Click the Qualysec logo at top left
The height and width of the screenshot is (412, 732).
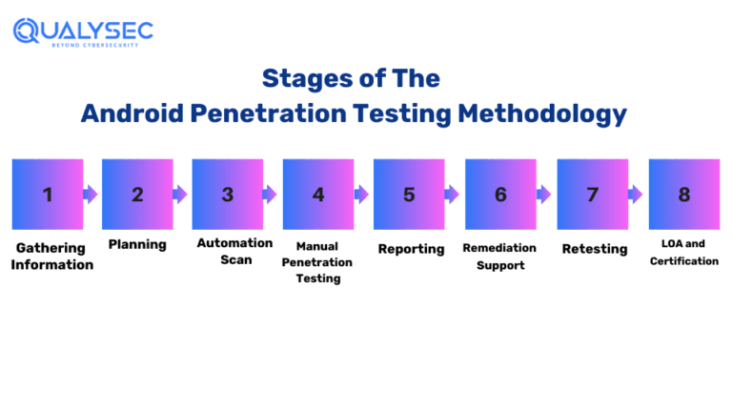pos(83,31)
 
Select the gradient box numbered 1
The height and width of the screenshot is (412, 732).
pos(47,195)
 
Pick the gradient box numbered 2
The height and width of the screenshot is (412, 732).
pos(137,195)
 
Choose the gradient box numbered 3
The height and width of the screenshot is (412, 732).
pos(228,195)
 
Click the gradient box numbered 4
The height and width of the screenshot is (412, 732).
pos(318,195)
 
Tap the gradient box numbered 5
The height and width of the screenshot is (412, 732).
pos(409,195)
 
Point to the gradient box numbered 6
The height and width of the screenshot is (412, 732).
pos(500,195)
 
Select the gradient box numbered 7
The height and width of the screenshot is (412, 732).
pos(592,195)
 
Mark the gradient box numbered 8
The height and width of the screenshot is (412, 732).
pos(683,195)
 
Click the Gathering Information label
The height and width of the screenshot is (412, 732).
pos(51,256)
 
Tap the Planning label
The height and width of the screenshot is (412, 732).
pos(137,245)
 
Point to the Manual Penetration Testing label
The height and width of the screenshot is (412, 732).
pos(317,262)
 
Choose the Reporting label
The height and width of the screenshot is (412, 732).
pos(411,249)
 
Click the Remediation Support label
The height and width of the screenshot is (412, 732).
pos(499,257)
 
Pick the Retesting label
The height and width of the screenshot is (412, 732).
pos(595,249)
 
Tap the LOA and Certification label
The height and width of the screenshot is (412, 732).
pos(684,253)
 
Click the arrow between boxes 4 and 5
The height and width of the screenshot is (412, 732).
pos(362,195)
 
